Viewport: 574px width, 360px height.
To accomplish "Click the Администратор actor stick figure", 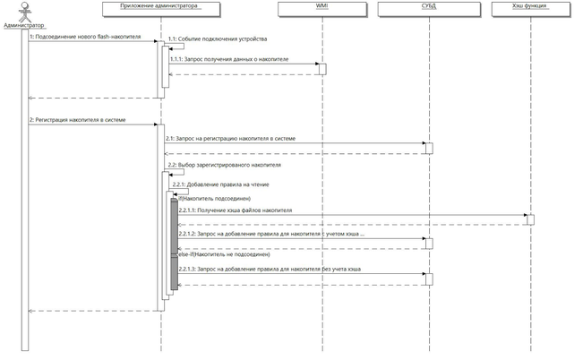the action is pyautogui.click(x=24, y=13).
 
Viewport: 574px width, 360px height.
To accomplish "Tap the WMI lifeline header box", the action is pyautogui.click(x=321, y=9).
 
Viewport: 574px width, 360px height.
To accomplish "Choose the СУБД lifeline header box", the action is pyautogui.click(x=428, y=9).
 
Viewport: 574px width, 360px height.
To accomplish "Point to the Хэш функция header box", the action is pyautogui.click(x=529, y=9).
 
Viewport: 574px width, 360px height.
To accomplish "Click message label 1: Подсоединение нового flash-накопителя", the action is pyautogui.click(x=84, y=38).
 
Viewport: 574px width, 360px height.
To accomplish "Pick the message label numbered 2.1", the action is pyautogui.click(x=230, y=139).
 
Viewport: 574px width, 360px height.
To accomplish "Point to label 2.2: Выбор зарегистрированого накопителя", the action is pyautogui.click(x=224, y=166).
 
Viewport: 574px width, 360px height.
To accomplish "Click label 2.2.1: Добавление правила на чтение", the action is pyautogui.click(x=225, y=184).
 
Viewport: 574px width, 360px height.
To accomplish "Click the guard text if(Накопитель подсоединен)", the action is pyautogui.click(x=215, y=198).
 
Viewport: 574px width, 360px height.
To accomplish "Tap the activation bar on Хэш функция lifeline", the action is pyautogui.click(x=530, y=219).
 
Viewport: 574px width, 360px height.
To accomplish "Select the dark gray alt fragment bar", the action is pyautogui.click(x=175, y=244).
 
